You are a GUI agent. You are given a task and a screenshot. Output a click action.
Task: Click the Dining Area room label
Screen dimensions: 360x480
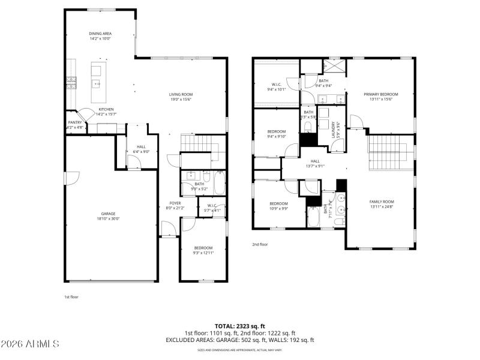coord(100,34)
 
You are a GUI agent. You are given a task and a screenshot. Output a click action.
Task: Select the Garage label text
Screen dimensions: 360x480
coord(108,214)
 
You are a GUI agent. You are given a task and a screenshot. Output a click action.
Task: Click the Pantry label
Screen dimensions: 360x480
coord(74,122)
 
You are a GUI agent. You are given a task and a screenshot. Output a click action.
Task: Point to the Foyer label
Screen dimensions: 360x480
coord(175,203)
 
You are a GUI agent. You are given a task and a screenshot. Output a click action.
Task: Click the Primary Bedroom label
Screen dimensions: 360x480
coord(381,94)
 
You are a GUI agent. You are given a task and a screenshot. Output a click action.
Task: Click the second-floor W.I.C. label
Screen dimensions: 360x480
coord(277,85)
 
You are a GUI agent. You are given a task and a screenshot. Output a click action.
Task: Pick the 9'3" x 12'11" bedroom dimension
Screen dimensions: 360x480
coord(203,253)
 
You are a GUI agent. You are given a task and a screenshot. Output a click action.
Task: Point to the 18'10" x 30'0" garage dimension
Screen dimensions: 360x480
coord(108,218)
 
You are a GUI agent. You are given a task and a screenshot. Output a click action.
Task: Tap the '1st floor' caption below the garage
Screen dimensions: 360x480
coord(71,297)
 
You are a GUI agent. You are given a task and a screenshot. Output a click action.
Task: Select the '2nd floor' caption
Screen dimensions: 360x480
coord(259,244)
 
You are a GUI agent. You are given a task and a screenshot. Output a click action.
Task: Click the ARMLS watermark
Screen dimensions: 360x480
coord(30,344)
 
